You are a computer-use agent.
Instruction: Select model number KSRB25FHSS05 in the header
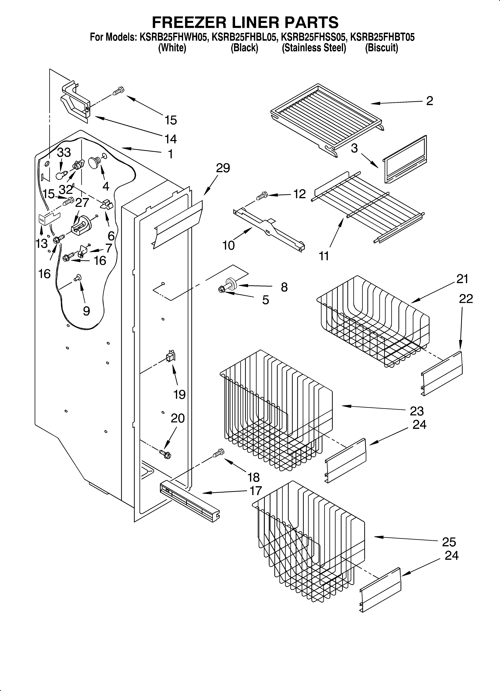(314, 38)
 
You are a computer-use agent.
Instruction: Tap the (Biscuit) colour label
(382, 48)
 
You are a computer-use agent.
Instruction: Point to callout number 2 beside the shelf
(429, 101)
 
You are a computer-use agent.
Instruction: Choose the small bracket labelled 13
(48, 219)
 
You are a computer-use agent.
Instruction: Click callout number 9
(86, 311)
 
